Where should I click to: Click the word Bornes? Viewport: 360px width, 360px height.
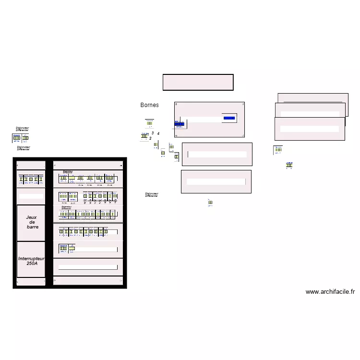[149, 105]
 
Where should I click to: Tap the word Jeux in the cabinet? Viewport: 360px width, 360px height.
[31, 217]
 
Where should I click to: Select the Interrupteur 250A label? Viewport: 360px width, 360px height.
[31, 261]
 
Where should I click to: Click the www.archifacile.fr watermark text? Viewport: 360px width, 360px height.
[330, 291]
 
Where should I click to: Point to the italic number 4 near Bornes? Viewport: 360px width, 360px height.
[158, 133]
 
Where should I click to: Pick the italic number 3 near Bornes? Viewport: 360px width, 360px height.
[152, 132]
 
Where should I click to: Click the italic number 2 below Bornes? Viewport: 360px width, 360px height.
[150, 138]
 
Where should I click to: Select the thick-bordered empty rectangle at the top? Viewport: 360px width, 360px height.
[198, 82]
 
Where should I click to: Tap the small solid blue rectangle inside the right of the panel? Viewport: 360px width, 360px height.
[229, 118]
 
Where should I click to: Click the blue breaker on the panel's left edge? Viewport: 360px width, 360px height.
[179, 125]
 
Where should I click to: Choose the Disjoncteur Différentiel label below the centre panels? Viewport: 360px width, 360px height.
[152, 194]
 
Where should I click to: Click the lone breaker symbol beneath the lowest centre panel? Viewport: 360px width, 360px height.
[210, 203]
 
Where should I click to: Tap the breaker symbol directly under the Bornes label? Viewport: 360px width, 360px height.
[150, 123]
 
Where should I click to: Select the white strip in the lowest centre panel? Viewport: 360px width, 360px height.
[216, 182]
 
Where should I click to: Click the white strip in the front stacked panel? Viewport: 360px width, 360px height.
[310, 129]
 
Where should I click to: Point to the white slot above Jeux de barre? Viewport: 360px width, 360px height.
[31, 196]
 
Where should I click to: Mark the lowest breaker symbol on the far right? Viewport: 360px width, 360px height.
[289, 165]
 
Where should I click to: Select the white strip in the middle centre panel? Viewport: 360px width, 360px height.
[217, 155]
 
